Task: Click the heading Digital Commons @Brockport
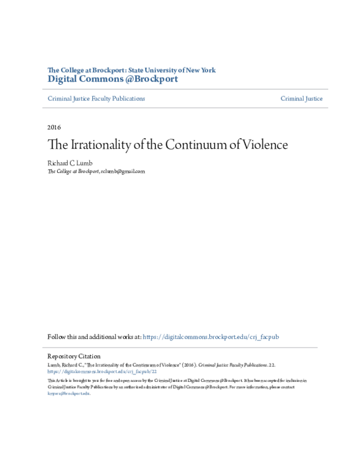(112, 79)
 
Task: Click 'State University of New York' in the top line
(174, 70)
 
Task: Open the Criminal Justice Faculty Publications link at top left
(96, 98)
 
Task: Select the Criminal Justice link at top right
(301, 98)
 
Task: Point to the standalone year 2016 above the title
(54, 127)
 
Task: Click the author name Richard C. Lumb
(70, 162)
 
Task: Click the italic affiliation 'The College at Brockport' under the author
(73, 171)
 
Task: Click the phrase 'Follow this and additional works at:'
(94, 337)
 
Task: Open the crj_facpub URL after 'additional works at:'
(211, 337)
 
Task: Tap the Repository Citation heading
(74, 357)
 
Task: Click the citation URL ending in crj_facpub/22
(102, 372)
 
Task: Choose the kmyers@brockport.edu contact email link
(68, 393)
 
